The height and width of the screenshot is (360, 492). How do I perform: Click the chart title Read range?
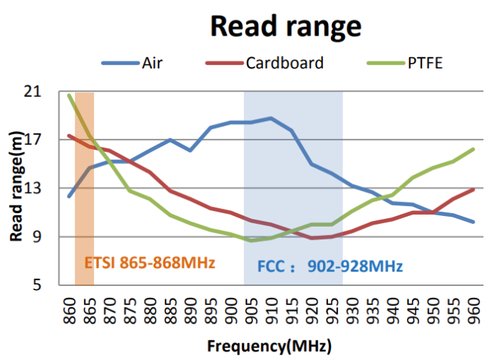(x=285, y=26)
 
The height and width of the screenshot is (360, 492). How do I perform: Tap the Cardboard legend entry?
(x=284, y=63)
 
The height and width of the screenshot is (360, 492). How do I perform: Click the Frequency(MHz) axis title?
(x=270, y=347)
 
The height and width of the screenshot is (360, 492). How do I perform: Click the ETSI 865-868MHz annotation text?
(x=150, y=262)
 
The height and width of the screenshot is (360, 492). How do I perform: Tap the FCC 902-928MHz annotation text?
(x=329, y=267)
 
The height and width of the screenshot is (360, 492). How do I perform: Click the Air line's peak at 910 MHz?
(x=271, y=118)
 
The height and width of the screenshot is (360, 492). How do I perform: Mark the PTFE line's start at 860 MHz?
(x=69, y=95)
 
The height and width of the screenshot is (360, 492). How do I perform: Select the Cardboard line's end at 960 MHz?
(x=473, y=189)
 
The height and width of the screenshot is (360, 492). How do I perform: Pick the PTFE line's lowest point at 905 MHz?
(x=250, y=240)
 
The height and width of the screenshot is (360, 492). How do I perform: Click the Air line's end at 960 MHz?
(x=473, y=222)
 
